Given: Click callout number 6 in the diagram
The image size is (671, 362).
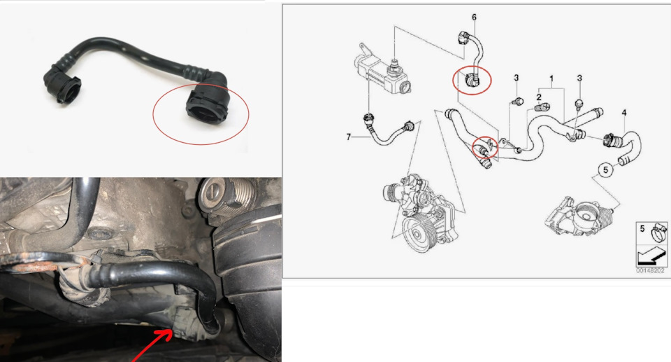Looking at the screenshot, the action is [x=474, y=18].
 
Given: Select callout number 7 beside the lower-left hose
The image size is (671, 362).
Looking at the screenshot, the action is [x=349, y=137].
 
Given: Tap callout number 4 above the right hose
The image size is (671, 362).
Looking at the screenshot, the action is [x=624, y=113].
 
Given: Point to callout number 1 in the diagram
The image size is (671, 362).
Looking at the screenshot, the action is [x=551, y=78].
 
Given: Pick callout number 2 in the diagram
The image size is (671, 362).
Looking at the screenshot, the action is [x=539, y=97].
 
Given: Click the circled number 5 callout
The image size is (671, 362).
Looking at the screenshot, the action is [x=605, y=170].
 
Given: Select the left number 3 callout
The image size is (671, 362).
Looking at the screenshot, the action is [x=517, y=78].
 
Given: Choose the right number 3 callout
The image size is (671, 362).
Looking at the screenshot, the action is [x=579, y=78].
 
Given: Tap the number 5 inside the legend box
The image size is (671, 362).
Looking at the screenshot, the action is [x=642, y=228].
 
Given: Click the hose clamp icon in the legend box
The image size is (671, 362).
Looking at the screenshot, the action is [x=658, y=233].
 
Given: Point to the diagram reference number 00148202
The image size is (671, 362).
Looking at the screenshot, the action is [x=651, y=271].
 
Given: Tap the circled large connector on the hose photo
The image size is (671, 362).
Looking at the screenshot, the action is [x=208, y=104].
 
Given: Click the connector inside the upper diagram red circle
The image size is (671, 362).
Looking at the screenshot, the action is [x=472, y=79].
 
